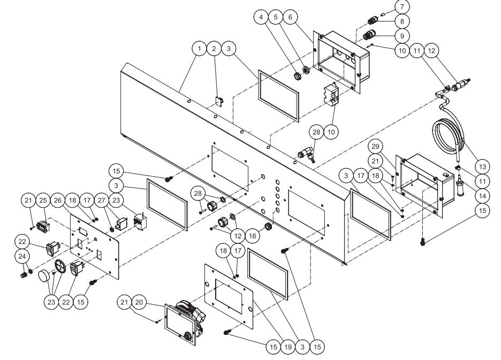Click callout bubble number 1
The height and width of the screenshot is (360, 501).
point(199,49)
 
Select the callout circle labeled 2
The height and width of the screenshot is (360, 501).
point(214,49)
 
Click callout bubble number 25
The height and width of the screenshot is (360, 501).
point(44,200)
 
